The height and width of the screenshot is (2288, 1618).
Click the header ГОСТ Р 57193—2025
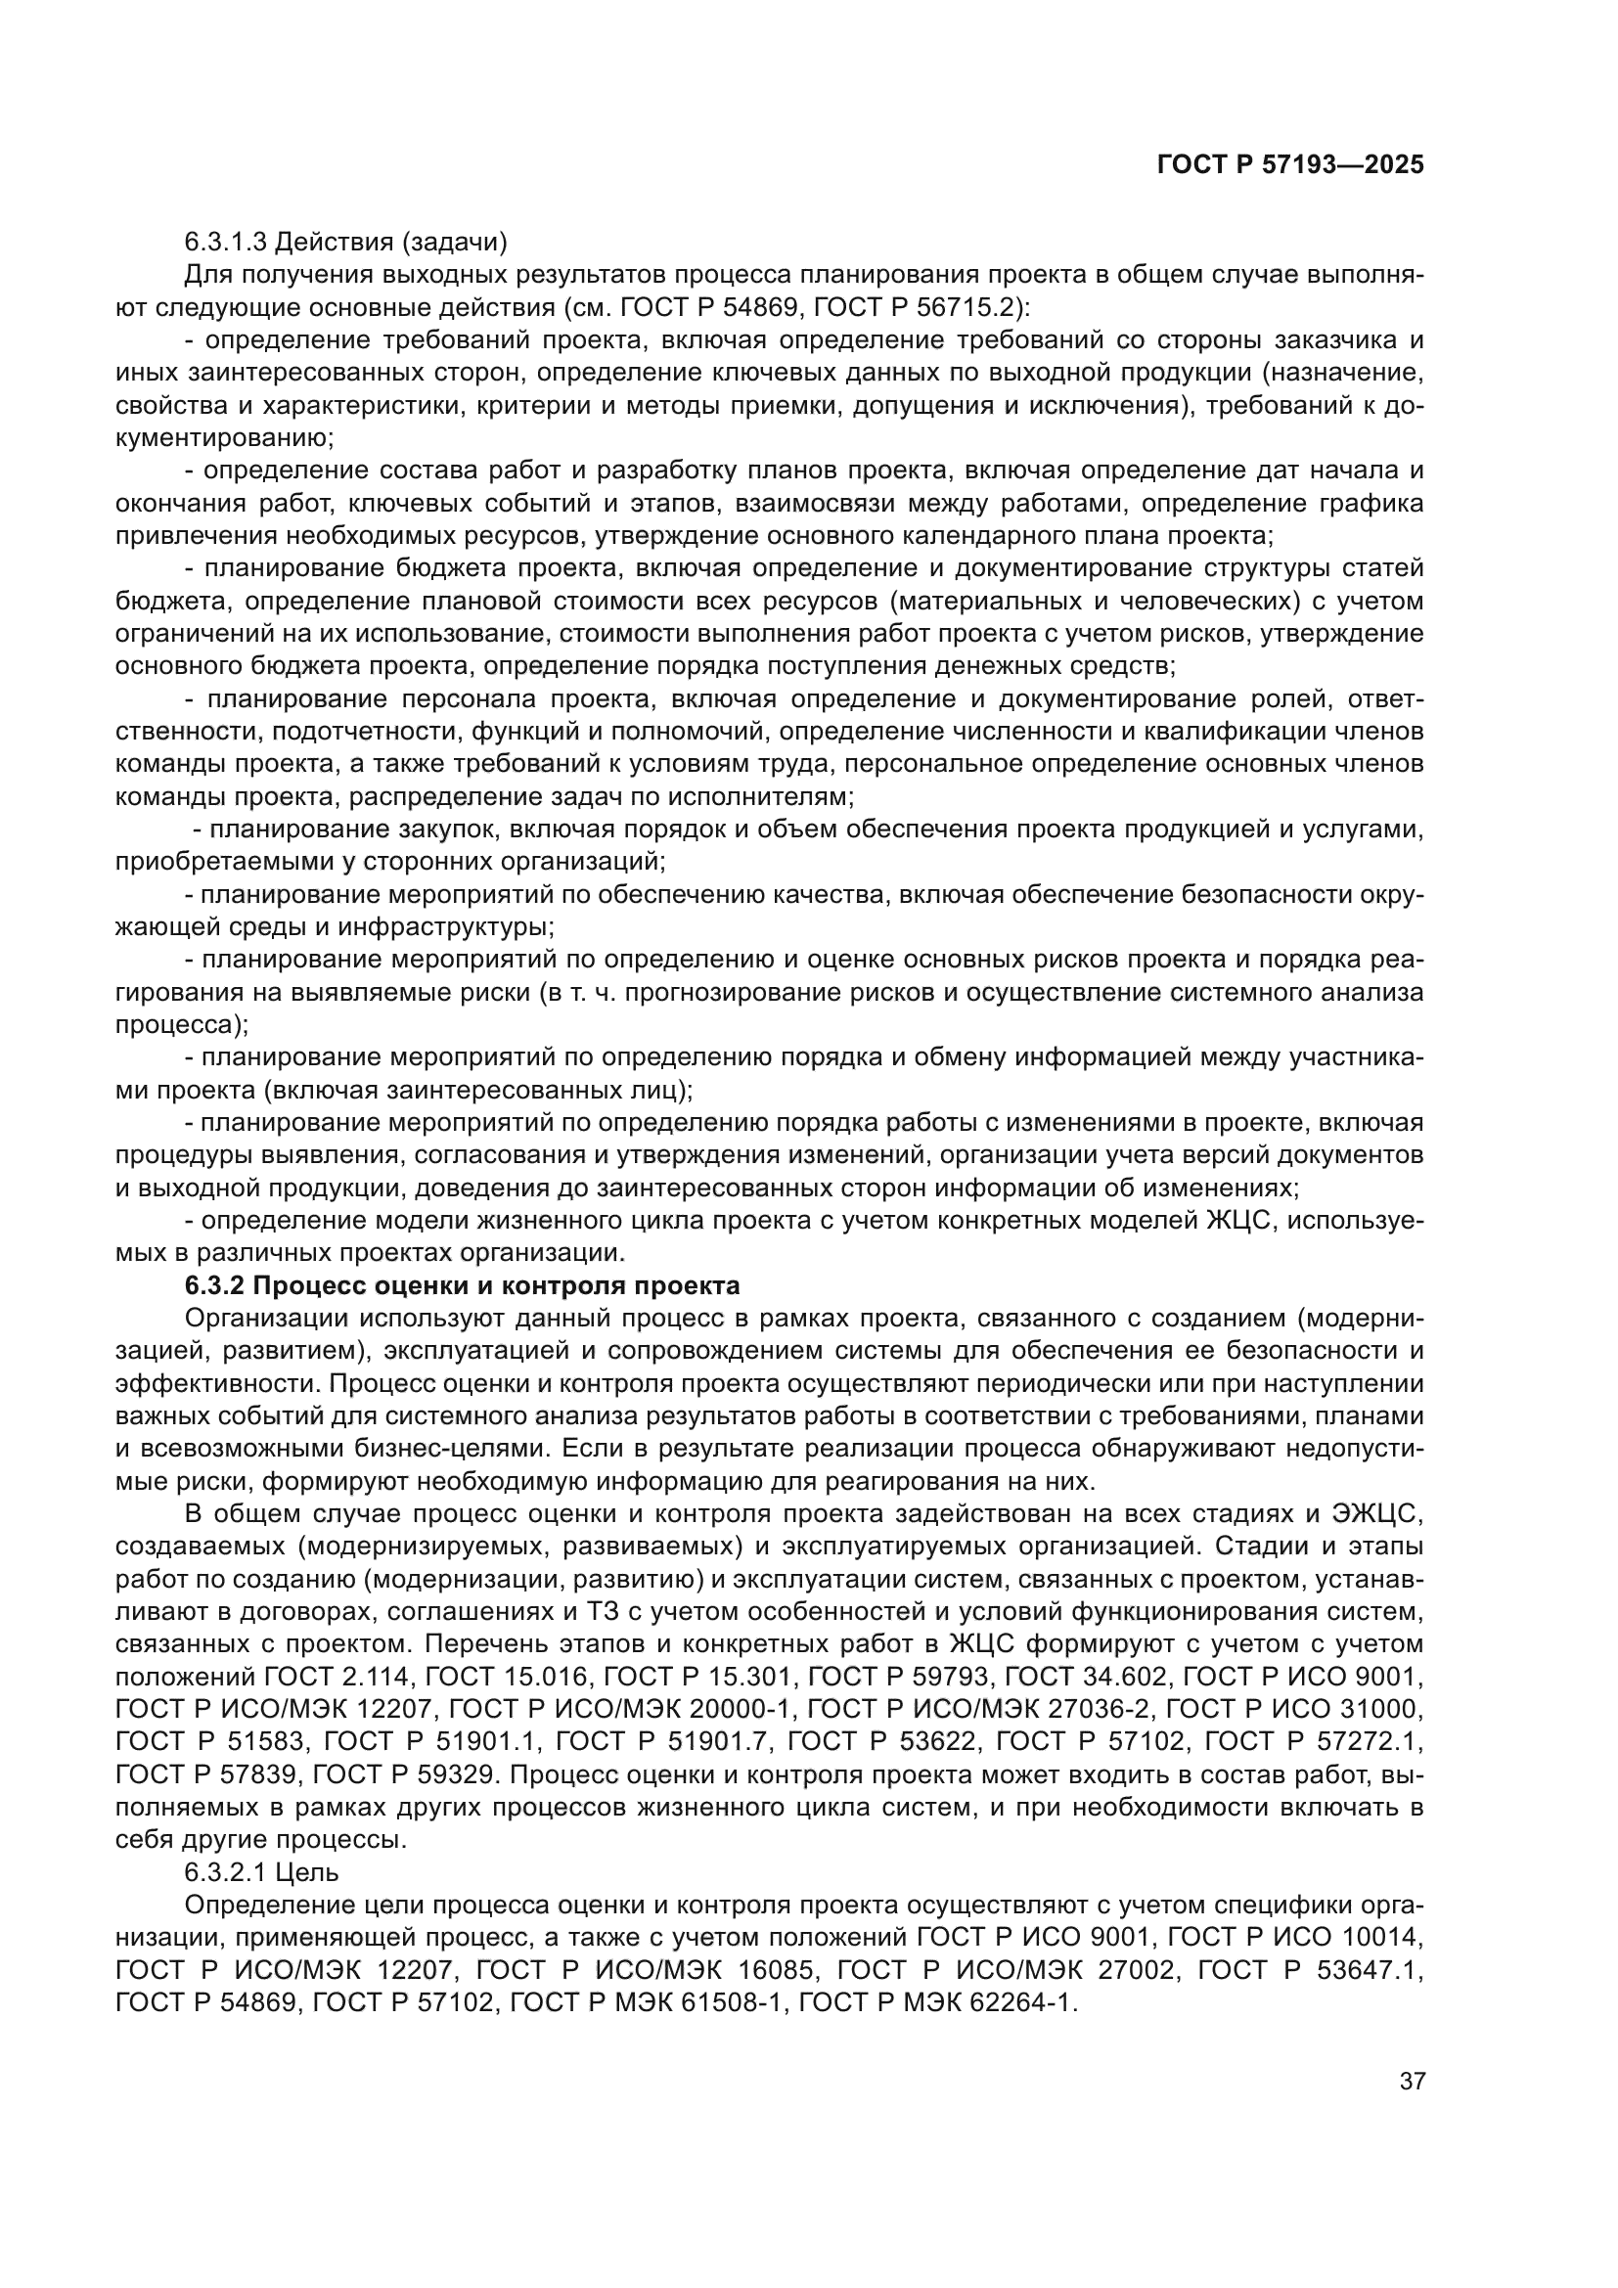coord(1290,165)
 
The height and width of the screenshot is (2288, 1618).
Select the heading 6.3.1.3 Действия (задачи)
coord(345,243)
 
